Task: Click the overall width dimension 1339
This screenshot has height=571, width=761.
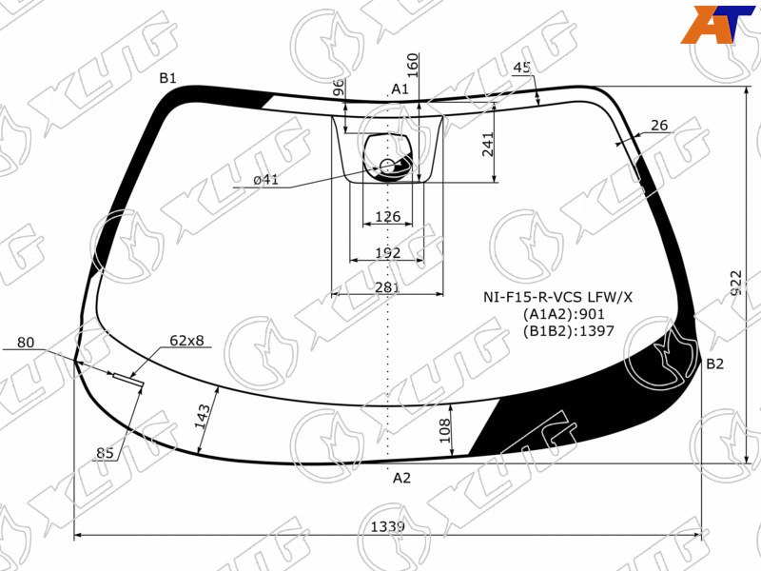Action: pyautogui.click(x=387, y=526)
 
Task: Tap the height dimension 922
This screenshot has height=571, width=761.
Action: pyautogui.click(x=736, y=283)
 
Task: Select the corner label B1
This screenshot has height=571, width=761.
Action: pyautogui.click(x=168, y=78)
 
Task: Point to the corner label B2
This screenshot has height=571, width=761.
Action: pyautogui.click(x=714, y=364)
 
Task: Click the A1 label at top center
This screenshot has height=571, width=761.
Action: pyautogui.click(x=400, y=89)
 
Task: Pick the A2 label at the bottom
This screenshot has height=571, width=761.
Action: pyautogui.click(x=401, y=479)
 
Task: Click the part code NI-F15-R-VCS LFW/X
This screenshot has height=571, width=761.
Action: pyautogui.click(x=557, y=297)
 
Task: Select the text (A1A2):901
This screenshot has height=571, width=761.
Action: pyautogui.click(x=563, y=314)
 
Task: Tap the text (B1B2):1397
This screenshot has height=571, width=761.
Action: pyautogui.click(x=568, y=331)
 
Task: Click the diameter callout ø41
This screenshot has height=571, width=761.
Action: pyautogui.click(x=266, y=180)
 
